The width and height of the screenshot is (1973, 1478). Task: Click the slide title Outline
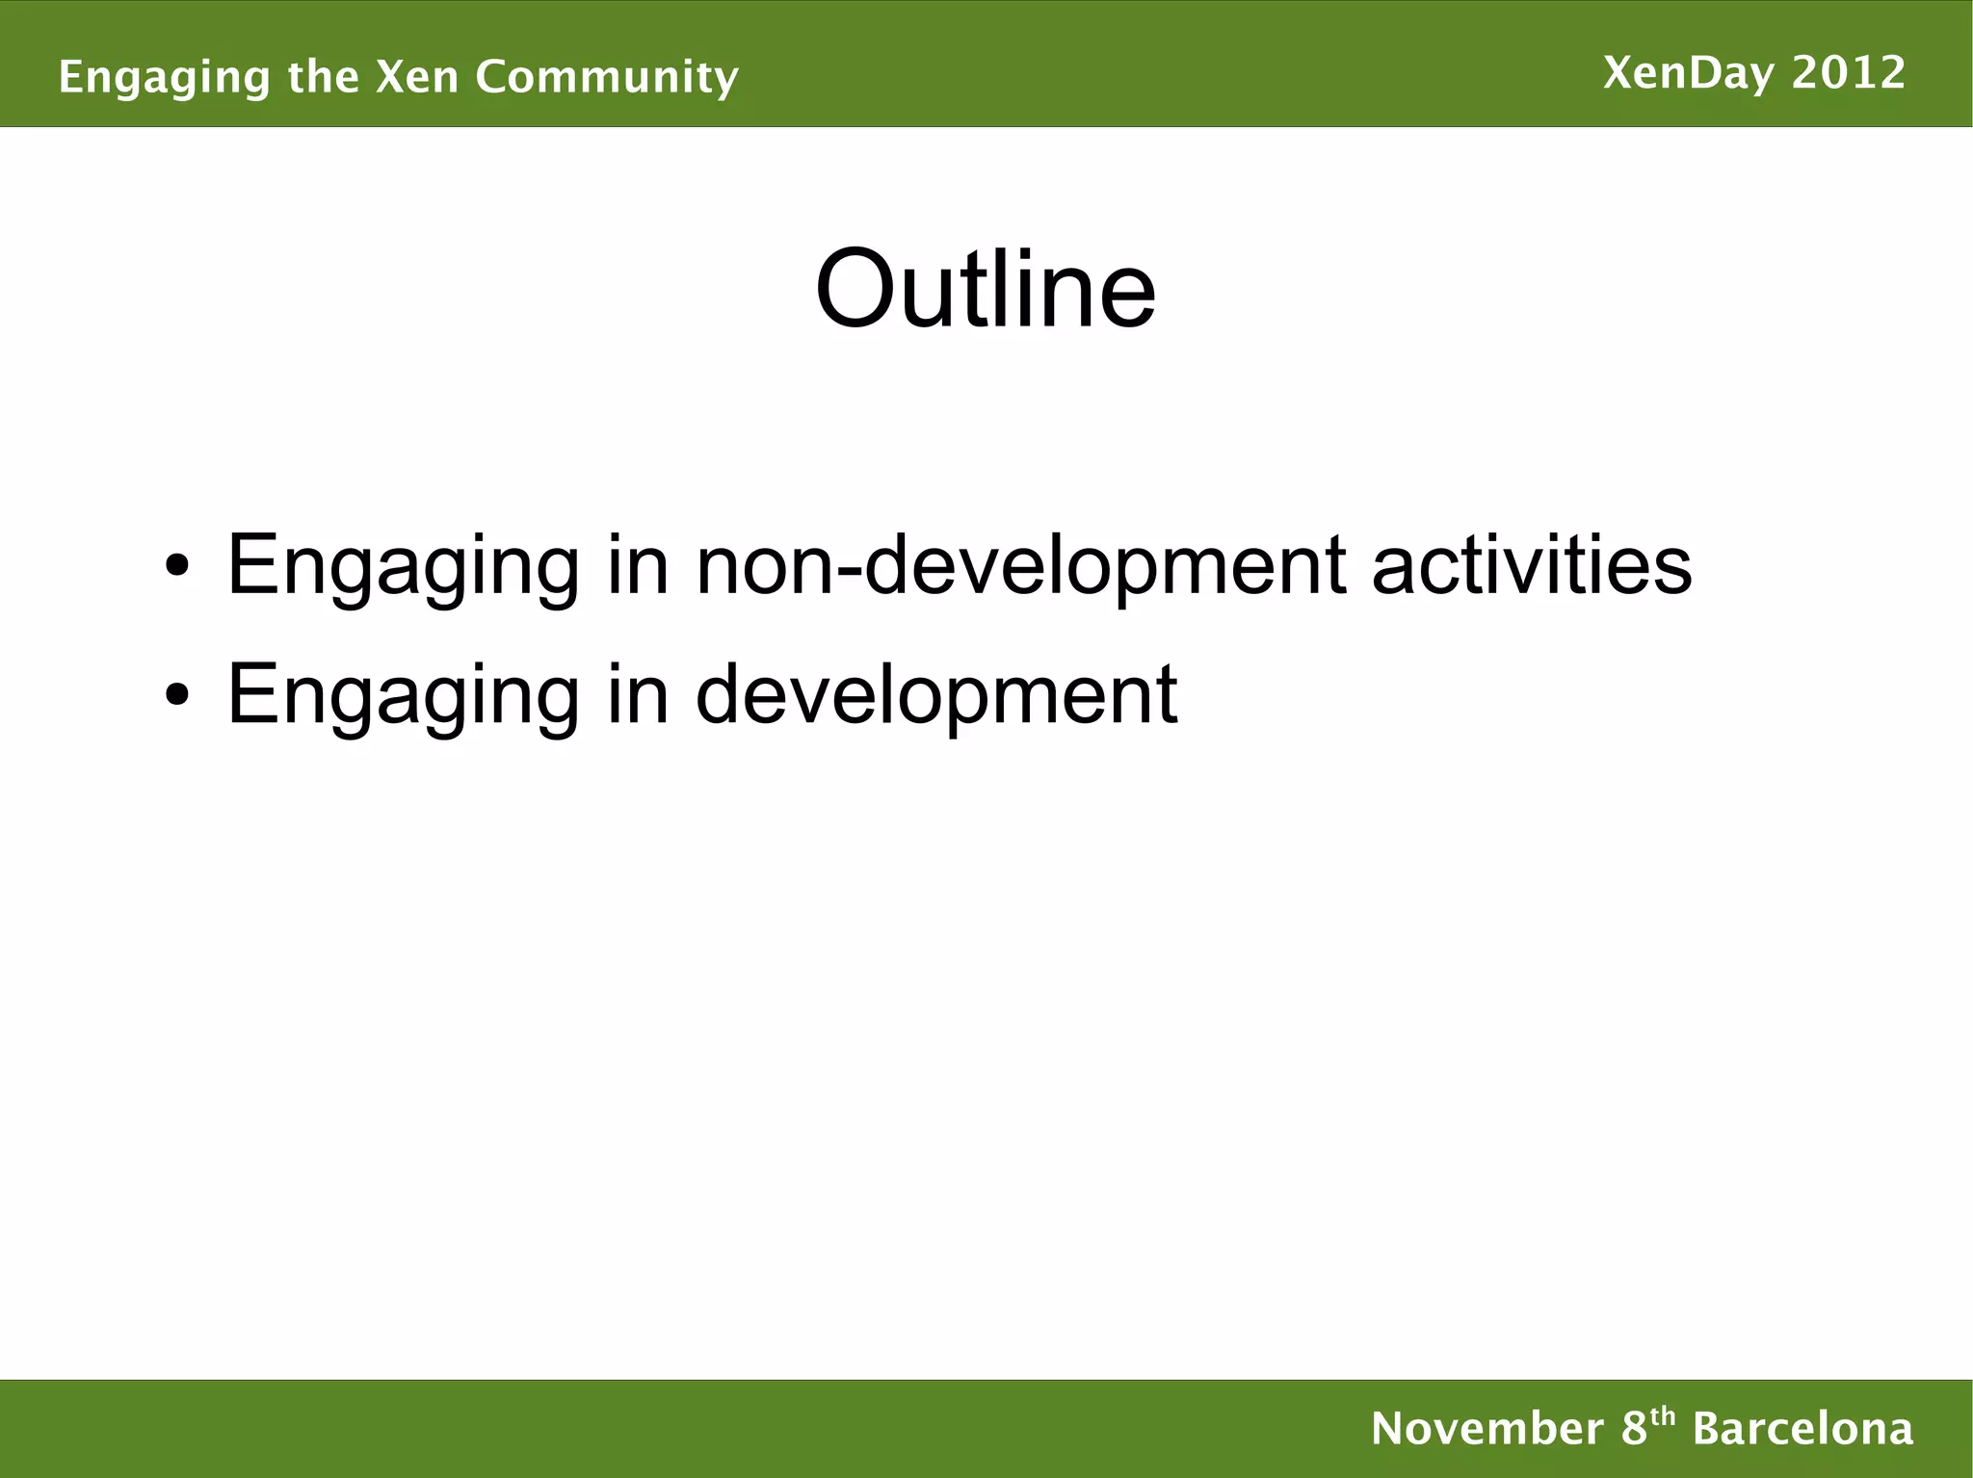pyautogui.click(x=985, y=290)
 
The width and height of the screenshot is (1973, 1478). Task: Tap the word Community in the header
pyautogui.click(x=606, y=77)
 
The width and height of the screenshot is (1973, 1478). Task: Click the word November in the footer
pyautogui.click(x=1487, y=1428)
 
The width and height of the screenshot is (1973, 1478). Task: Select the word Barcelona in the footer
pyautogui.click(x=1802, y=1428)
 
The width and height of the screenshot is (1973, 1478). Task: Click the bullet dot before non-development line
pyautogui.click(x=175, y=567)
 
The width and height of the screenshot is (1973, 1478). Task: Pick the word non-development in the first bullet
pyautogui.click(x=1020, y=565)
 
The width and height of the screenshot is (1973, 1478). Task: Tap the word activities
pyautogui.click(x=1531, y=565)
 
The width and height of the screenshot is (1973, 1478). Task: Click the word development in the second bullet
pyautogui.click(x=935, y=695)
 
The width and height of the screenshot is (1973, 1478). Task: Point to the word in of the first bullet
pyautogui.click(x=637, y=565)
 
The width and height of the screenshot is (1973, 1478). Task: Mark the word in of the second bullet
pyautogui.click(x=637, y=694)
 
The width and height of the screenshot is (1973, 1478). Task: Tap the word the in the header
pyautogui.click(x=323, y=77)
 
